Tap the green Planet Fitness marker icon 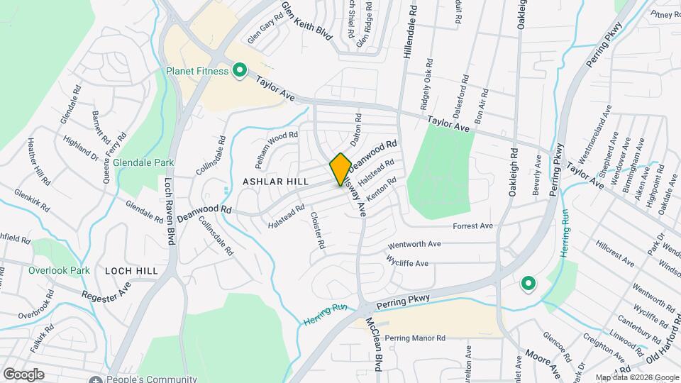240,70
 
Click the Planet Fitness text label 197,71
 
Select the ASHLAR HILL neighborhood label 275,182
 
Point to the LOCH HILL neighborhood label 131,271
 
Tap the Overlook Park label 59,270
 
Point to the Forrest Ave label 473,226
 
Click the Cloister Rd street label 317,231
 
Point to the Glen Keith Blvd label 306,21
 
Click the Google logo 23,374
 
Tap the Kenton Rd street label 381,193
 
